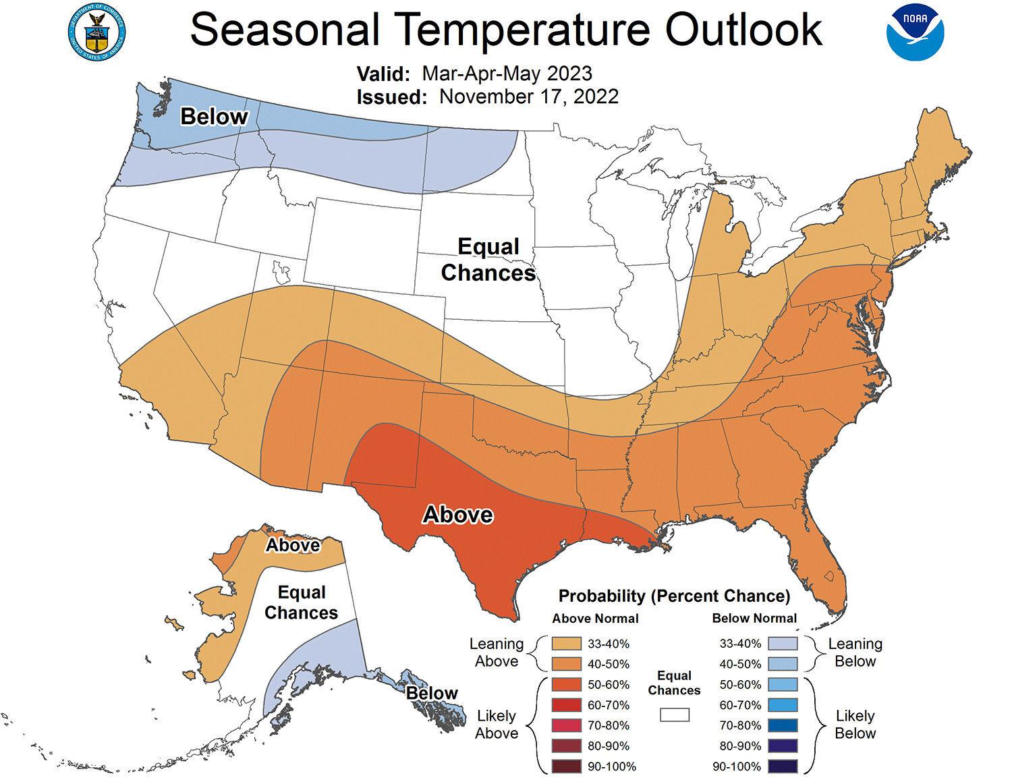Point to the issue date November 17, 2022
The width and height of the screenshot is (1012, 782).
[x=528, y=96]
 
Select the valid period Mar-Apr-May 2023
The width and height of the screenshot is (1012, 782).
[x=507, y=73]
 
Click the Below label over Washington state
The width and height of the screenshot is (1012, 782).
[x=214, y=117]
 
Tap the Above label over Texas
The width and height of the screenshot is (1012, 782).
[x=457, y=515]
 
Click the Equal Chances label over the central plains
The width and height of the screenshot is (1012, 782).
[x=488, y=260]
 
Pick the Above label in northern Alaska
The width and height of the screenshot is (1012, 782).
[x=293, y=544]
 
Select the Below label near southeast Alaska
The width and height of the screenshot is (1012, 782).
[x=432, y=693]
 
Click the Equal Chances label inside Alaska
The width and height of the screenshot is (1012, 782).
[x=302, y=603]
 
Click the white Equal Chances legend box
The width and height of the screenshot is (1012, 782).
[x=674, y=714]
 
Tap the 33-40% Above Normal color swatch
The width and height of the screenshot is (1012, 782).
[x=566, y=644]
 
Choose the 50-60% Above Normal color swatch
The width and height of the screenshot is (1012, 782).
[x=566, y=684]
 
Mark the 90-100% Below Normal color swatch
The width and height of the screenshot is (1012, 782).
[x=783, y=766]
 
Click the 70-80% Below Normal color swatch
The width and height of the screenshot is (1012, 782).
[x=783, y=725]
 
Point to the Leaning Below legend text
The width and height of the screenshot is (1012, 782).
[x=855, y=652]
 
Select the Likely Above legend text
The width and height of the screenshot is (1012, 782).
[x=496, y=724]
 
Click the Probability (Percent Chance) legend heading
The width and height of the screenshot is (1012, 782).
[x=674, y=596]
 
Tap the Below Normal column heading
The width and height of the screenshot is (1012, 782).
[x=754, y=618]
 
